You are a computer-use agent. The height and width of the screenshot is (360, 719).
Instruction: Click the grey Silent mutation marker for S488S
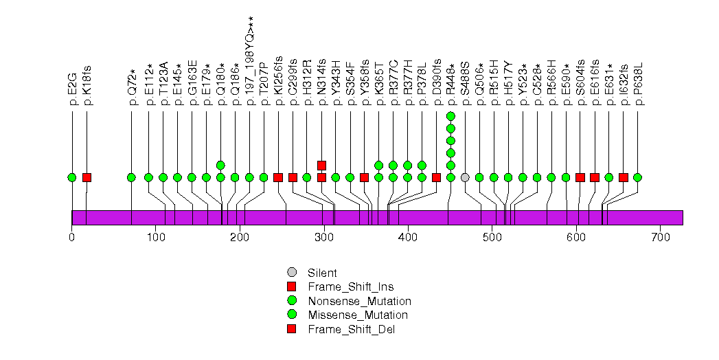[x=465, y=177]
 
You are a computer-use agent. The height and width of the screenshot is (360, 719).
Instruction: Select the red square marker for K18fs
[x=87, y=177]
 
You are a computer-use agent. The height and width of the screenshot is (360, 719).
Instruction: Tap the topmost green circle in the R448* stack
[x=450, y=116]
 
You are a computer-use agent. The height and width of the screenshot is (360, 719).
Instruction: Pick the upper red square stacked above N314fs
[x=321, y=165]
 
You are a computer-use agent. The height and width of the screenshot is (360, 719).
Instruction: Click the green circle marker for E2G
[x=72, y=177]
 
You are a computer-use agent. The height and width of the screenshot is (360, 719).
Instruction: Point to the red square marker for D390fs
[x=436, y=177]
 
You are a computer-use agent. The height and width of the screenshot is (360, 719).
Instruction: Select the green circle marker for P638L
[x=637, y=177]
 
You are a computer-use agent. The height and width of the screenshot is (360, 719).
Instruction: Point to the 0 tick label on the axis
[x=72, y=238]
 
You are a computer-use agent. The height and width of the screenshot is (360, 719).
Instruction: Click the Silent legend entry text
[x=322, y=273]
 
